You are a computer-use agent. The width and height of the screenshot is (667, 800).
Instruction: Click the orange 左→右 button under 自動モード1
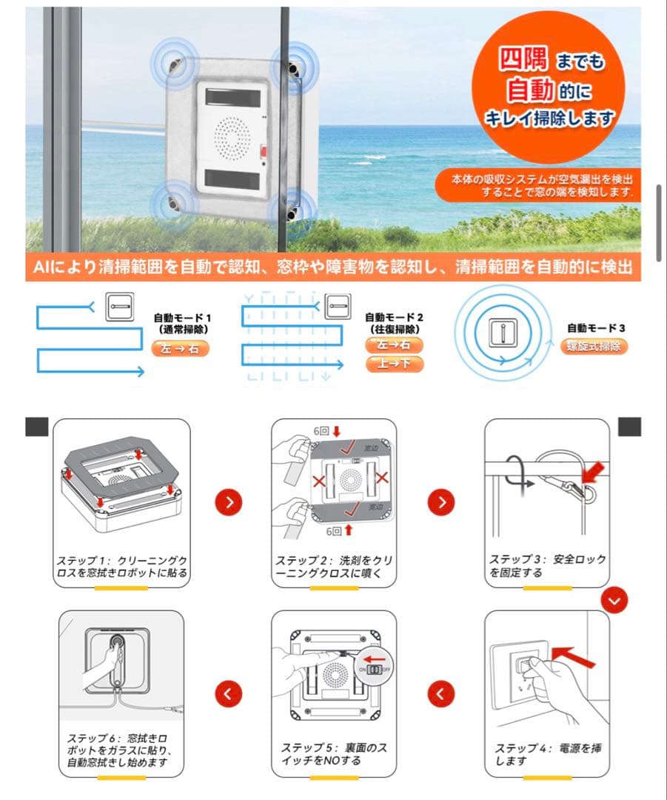pyautogui.click(x=180, y=349)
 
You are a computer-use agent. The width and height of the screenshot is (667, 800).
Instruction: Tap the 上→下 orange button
pyautogui.click(x=394, y=364)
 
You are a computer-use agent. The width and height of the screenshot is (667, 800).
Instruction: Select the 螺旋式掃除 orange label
pyautogui.click(x=593, y=346)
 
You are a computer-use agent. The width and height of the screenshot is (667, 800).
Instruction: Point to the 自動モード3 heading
pyautogui.click(x=597, y=327)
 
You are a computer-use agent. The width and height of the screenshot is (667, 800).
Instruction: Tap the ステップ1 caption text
pyautogui.click(x=121, y=567)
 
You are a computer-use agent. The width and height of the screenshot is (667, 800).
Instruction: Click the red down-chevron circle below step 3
pyautogui.click(x=614, y=601)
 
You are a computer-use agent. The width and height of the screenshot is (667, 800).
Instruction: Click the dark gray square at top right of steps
pyautogui.click(x=630, y=427)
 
